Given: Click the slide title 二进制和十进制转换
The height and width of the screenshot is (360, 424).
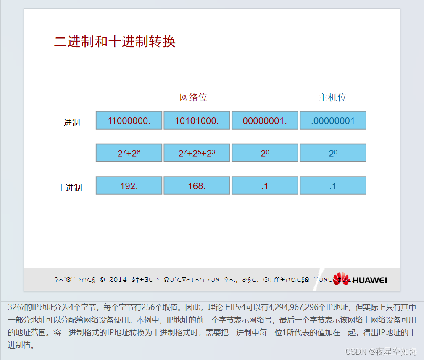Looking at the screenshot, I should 115,42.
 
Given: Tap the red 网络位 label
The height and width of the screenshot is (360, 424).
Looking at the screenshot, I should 193,98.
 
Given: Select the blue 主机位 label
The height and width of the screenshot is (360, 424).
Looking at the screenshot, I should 332,98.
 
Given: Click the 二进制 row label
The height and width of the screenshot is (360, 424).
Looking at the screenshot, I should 68,123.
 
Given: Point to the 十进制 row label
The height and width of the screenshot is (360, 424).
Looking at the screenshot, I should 69,188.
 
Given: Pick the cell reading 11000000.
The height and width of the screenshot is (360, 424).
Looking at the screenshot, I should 129,121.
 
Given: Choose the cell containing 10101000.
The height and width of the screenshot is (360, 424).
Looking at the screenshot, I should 197,121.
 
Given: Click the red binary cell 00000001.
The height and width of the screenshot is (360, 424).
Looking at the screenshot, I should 265,121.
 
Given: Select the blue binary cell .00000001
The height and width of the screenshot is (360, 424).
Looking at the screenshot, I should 333,121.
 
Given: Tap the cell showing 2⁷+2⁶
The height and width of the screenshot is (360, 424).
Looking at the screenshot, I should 129,153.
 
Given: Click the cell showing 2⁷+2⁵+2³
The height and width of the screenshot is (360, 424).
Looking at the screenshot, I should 197,153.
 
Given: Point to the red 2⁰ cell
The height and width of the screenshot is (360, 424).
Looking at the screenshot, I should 265,153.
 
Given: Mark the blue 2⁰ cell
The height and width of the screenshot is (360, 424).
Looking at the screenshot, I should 333,153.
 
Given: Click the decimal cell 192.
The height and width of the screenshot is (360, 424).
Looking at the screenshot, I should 129,185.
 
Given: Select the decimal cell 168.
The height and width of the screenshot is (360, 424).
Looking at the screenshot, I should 197,185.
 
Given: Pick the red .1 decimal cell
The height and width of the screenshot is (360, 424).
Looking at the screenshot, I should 265,185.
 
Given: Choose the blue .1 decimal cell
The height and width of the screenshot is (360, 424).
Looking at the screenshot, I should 333,185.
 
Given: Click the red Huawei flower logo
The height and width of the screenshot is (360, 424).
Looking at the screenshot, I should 341,279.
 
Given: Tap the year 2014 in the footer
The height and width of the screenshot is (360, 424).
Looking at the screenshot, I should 118,279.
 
